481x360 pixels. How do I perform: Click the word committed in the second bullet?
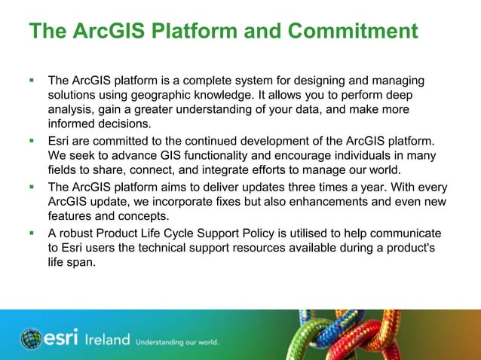click(x=125, y=141)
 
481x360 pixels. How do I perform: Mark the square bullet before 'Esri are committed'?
click(x=32, y=141)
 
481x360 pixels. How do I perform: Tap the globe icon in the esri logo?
click(x=31, y=339)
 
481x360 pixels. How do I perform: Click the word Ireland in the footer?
click(x=107, y=340)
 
